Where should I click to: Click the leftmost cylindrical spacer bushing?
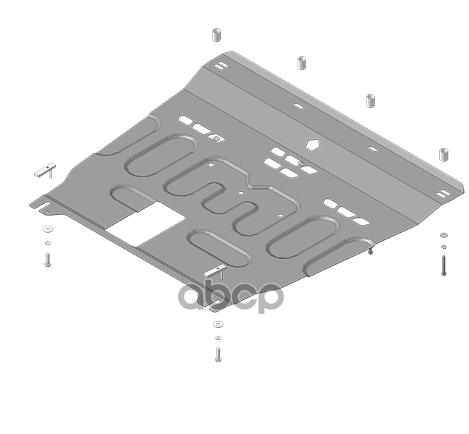coord(216,35)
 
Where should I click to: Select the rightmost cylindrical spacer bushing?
coord(444,155)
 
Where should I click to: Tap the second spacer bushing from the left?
coord(302,63)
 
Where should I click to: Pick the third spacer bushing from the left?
coord(371,101)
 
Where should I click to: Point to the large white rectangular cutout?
coord(146,224)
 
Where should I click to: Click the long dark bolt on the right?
coord(444,265)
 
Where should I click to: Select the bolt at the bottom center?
coord(218,354)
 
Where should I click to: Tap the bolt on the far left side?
coord(48,260)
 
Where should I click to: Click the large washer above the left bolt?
coord(48,229)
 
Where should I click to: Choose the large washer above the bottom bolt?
coord(218,324)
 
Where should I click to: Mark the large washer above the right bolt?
coord(444,235)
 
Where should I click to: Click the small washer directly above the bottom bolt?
coord(218,338)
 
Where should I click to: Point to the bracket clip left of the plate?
coord(46,171)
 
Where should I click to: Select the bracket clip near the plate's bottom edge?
coord(216,271)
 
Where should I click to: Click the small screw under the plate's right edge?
coord(371,251)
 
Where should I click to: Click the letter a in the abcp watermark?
coord(193,296)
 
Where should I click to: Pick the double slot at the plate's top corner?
coord(220,65)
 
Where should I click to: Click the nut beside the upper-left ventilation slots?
coord(216,138)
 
